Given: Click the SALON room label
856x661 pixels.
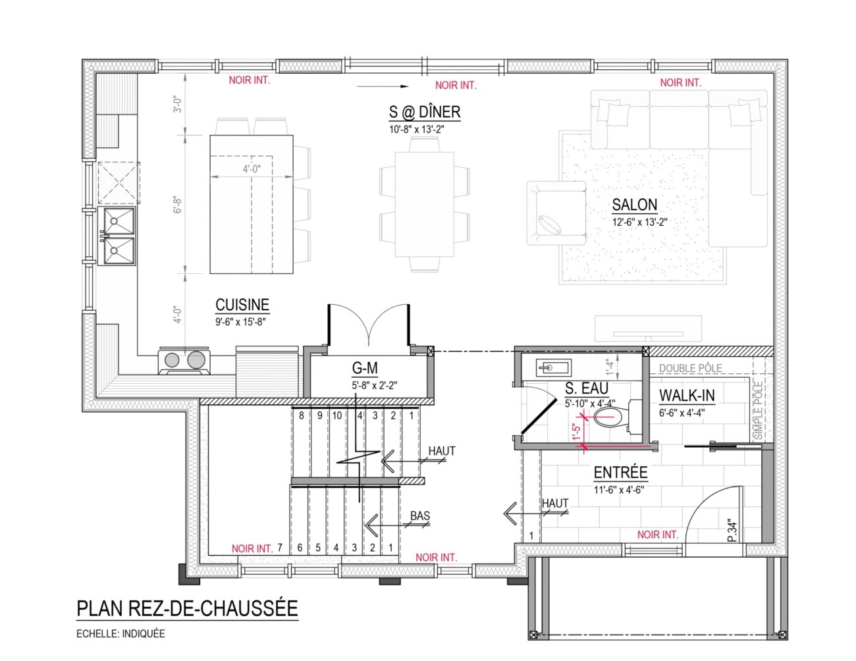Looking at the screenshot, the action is (x=635, y=205).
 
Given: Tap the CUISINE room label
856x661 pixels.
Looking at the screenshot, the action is (x=242, y=305).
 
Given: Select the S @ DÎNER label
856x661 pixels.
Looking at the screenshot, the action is (x=425, y=112).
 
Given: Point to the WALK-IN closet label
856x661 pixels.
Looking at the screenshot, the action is (x=687, y=396).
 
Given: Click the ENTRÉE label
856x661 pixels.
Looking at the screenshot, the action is (x=621, y=473).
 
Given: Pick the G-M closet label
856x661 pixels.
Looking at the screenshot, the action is (x=365, y=368).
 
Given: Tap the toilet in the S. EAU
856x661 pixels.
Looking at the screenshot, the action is (x=616, y=417).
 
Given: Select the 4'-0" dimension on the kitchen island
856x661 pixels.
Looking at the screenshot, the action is (x=252, y=169).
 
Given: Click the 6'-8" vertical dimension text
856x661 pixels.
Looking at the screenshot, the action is (x=178, y=205).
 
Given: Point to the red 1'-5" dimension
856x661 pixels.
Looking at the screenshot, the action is (x=576, y=431).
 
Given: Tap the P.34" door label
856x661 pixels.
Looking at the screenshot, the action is (x=732, y=531).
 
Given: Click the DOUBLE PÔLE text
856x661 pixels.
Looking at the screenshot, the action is (x=691, y=369).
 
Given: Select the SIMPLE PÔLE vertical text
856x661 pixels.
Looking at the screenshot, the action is (x=759, y=411).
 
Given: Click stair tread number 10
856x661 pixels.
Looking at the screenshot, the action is (x=337, y=415).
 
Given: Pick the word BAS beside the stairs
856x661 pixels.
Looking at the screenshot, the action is (x=420, y=516).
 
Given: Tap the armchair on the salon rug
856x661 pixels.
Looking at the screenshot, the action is (x=556, y=213).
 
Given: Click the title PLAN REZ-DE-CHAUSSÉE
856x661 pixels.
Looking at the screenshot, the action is (x=187, y=608).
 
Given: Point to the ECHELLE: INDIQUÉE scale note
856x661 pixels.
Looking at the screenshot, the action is (x=120, y=634).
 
